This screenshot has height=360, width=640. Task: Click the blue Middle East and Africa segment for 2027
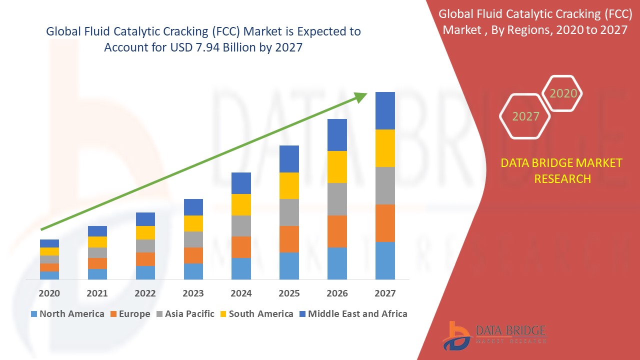coord(385,110)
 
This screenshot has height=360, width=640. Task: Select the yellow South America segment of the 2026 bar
coord(337,167)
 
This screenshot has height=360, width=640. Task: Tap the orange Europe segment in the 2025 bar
coord(289,239)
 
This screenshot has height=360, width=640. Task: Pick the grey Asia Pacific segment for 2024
coord(241,226)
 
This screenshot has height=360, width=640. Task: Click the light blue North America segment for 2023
coord(193,271)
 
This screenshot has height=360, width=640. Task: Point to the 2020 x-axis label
coord(49,293)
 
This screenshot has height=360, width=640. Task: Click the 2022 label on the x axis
coord(145,293)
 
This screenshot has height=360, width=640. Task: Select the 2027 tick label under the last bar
coord(385,293)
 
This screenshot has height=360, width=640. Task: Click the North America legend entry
coord(67,314)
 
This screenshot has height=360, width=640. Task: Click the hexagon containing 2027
coord(525,116)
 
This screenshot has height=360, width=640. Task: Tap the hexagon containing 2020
coord(563,93)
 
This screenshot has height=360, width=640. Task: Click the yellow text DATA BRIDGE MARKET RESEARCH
coord(562,170)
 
